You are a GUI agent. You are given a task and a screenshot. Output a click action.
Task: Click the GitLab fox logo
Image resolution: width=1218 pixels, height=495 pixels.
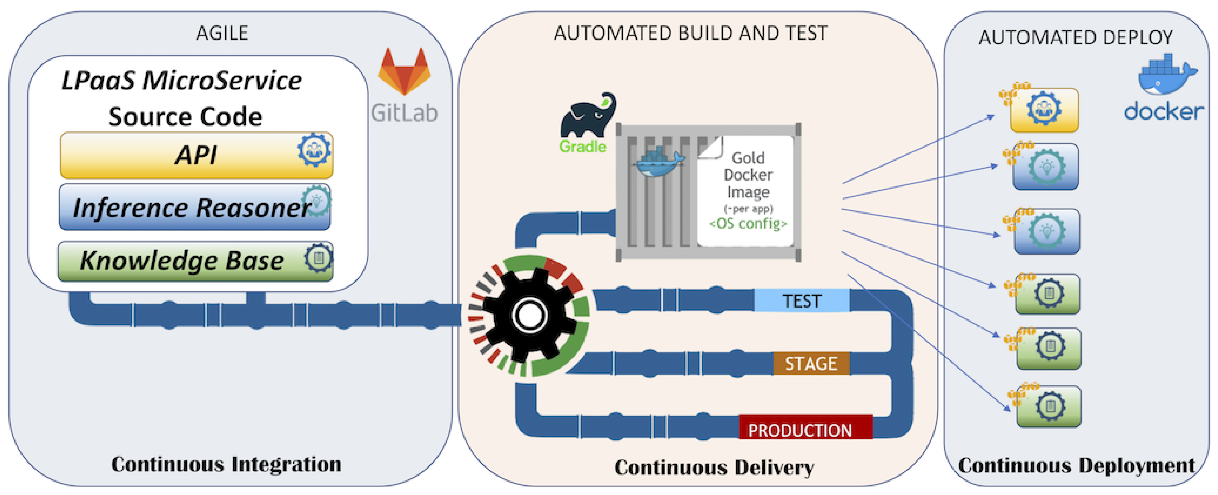click(x=404, y=72)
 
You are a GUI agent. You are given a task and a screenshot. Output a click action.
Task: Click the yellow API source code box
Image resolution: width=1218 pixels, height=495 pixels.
click(x=197, y=155)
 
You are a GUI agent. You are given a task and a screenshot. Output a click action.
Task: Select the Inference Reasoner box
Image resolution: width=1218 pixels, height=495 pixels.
click(x=195, y=207)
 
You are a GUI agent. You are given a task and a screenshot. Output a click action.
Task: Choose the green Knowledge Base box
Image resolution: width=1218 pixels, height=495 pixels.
click(x=196, y=261)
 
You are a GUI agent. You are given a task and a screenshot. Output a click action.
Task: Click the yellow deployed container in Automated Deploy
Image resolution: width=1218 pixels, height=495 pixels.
click(x=1044, y=110)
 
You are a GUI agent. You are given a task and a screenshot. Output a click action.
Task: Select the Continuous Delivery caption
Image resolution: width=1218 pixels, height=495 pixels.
click(x=714, y=467)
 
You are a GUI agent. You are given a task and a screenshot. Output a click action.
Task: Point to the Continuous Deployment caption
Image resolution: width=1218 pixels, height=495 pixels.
click(x=1077, y=466)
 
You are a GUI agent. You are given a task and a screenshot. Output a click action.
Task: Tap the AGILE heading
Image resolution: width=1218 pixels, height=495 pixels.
click(x=222, y=33)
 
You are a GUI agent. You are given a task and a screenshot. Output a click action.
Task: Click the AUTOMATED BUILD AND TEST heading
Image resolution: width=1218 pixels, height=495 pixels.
click(x=691, y=33)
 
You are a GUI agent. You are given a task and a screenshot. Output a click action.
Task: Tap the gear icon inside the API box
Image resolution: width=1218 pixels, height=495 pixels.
click(x=314, y=150)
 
